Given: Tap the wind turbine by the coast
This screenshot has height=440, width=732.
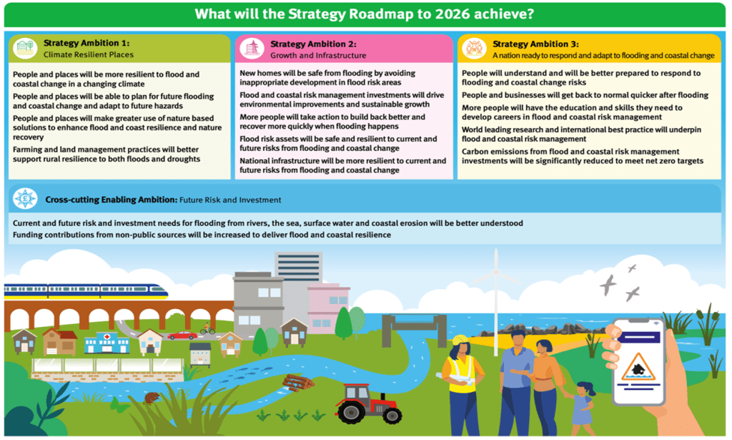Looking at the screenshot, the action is pyautogui.click(x=496, y=299).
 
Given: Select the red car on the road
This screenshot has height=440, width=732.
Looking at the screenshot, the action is pyautogui.click(x=182, y=336).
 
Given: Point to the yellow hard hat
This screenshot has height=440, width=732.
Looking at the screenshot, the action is pyautogui.click(x=460, y=340).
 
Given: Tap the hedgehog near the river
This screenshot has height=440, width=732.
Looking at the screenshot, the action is pyautogui.click(x=152, y=399).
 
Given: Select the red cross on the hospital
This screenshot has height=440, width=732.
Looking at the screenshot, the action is pyautogui.click(x=107, y=336).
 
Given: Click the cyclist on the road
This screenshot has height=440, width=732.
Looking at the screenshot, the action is pyautogui.click(x=207, y=329).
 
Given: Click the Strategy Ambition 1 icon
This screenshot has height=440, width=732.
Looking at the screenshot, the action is pyautogui.click(x=25, y=48).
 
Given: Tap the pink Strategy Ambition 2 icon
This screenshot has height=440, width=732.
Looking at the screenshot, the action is pyautogui.click(x=252, y=49).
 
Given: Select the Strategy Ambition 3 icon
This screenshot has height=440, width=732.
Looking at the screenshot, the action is pyautogui.click(x=475, y=49).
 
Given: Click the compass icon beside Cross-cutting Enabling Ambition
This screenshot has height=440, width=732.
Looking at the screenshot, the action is pyautogui.click(x=25, y=199).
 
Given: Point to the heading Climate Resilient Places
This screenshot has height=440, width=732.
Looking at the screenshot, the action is pyautogui.click(x=89, y=54).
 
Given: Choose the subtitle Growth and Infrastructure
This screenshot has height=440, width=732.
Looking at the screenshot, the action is pyautogui.click(x=318, y=56).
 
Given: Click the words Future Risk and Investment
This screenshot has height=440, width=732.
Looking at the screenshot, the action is pyautogui.click(x=230, y=200).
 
